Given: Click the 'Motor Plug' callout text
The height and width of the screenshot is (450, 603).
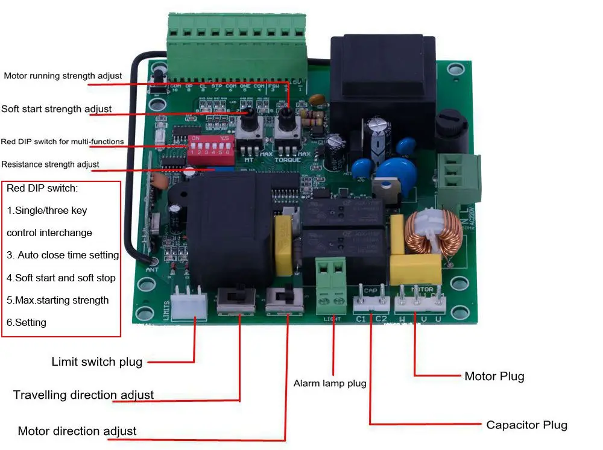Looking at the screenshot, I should pos(494,377).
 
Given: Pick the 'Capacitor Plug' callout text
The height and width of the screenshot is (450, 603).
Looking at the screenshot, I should pos(526,425).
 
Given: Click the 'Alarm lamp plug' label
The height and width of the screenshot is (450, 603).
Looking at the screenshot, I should pos(330,383).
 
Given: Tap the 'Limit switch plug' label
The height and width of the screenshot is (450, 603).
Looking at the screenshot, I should pos(96,362).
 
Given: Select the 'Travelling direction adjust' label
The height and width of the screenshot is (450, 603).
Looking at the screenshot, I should pos(83,395).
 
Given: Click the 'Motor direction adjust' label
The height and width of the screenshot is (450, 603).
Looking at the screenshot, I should pos(77,431).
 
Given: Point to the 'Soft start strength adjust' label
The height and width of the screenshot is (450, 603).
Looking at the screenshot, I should pos(57,109).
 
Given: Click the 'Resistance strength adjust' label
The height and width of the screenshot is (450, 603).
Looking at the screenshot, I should pos(51,164).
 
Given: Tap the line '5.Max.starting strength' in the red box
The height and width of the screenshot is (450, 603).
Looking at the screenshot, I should pos(58,300).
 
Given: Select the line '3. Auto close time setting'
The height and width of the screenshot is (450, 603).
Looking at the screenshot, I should pos(63,255).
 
